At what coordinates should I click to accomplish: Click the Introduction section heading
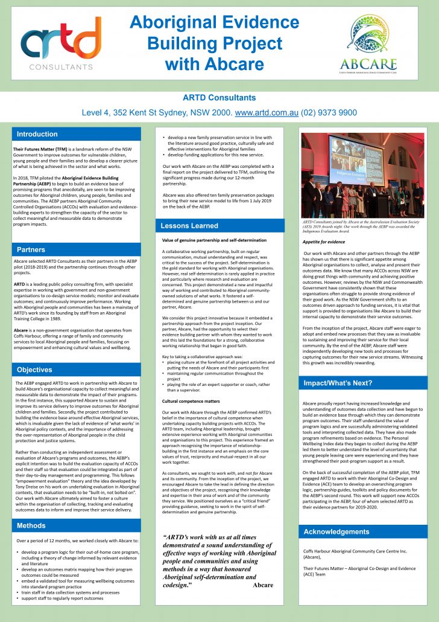[37, 134]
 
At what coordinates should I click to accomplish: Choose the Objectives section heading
[34, 370]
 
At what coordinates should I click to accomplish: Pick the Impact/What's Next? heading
[338, 383]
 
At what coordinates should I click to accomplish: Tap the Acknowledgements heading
[336, 532]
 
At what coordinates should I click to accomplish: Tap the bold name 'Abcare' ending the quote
[263, 585]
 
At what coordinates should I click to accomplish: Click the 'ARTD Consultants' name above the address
[219, 98]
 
